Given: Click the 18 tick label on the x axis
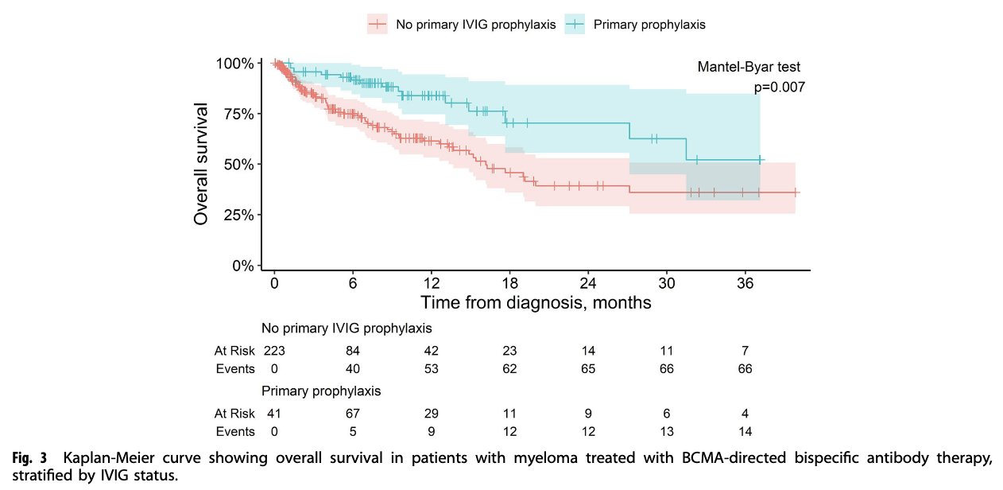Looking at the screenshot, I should (x=510, y=284).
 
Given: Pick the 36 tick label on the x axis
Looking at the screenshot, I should (x=745, y=284).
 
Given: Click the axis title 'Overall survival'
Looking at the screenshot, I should (x=202, y=163).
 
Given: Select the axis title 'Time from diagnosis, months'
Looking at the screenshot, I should (x=536, y=303).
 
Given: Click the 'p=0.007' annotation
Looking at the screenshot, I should (x=779, y=87).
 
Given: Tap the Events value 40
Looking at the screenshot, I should (x=353, y=368).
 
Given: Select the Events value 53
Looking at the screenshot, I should (x=432, y=368).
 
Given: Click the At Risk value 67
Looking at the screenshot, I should (x=353, y=413).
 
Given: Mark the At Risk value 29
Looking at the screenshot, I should (x=432, y=413).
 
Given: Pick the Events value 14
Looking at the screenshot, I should (x=745, y=432).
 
